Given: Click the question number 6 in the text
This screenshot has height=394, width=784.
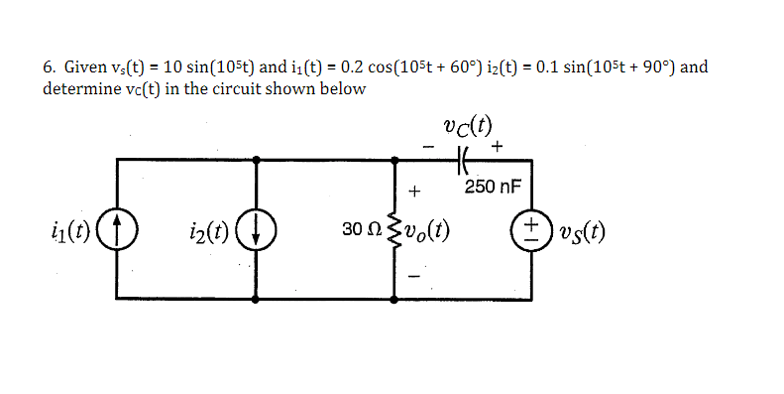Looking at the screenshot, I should (x=48, y=68).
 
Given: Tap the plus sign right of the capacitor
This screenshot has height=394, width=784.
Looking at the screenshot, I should (x=497, y=146).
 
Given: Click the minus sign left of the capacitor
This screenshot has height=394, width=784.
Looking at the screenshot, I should (x=427, y=146).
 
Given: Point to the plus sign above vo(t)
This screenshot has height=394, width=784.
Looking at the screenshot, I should (x=415, y=190).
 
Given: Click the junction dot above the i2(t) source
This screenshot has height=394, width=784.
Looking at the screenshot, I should (x=259, y=158).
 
